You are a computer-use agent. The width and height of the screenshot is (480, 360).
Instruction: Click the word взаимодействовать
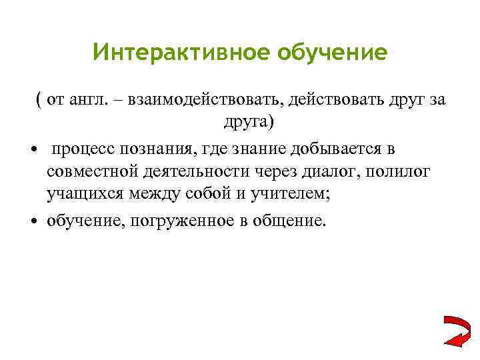click(x=199, y=100)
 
